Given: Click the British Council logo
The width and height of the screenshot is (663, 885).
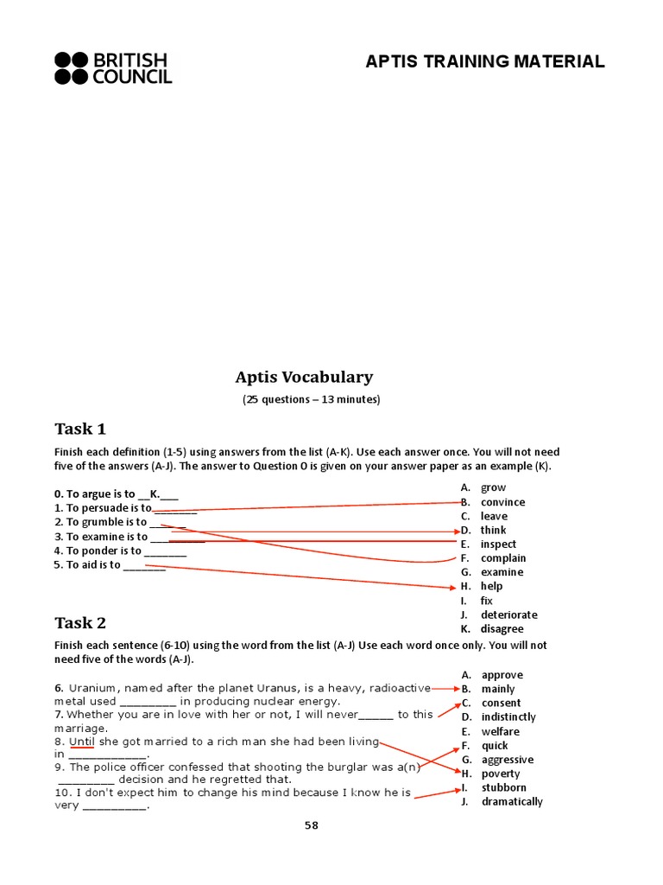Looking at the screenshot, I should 113,68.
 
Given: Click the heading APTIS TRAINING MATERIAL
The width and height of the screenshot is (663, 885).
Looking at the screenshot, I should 484,61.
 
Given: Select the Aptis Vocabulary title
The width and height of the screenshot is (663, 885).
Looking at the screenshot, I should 304,377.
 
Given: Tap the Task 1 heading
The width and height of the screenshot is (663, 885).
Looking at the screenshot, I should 80,429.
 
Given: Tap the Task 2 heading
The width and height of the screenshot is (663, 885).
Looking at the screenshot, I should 80,623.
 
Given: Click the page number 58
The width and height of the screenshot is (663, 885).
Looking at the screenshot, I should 311,825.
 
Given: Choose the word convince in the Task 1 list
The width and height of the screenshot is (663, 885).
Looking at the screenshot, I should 502,502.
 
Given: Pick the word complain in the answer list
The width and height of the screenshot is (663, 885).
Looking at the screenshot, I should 503,558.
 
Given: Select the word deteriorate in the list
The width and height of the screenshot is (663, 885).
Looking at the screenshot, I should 508,614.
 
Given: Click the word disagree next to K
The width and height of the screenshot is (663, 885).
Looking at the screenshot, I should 502,629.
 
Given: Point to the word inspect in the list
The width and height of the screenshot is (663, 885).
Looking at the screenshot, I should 498,544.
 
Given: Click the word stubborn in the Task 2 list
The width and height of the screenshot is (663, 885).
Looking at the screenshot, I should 503,787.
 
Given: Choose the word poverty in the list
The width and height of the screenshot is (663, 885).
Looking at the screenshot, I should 501,774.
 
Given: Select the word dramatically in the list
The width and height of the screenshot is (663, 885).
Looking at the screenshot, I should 512,802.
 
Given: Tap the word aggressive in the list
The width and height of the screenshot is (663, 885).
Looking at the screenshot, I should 507,760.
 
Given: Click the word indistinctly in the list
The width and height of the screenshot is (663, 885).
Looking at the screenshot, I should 508,717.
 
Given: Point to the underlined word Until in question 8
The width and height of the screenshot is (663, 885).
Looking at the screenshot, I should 82,742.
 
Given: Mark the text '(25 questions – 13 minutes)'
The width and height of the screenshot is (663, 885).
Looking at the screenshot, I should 311,400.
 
